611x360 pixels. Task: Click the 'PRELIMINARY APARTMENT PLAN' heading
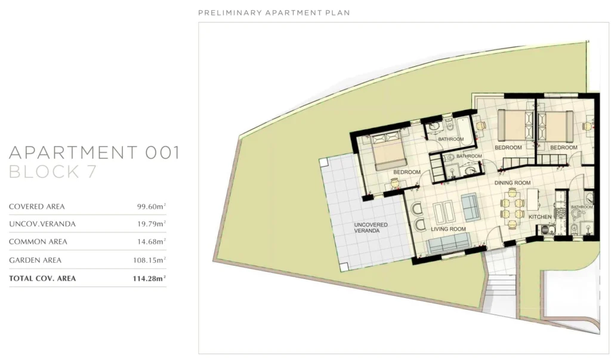274,13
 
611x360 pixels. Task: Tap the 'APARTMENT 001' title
94,152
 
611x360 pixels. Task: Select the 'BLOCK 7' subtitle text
53,171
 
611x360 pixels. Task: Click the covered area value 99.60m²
151,207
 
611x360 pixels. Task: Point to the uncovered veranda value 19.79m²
151,224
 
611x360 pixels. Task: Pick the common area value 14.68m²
151,241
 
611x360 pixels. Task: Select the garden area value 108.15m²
149,260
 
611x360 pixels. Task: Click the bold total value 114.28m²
149,278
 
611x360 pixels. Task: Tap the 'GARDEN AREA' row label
35,260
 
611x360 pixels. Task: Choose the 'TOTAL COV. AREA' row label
42,278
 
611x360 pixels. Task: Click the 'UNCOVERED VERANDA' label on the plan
371,228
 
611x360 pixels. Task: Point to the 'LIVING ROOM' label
448,229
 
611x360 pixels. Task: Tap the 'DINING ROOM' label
513,183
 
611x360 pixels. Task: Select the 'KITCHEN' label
540,217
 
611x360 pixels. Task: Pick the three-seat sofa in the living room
449,243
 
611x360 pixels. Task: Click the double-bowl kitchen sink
547,229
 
